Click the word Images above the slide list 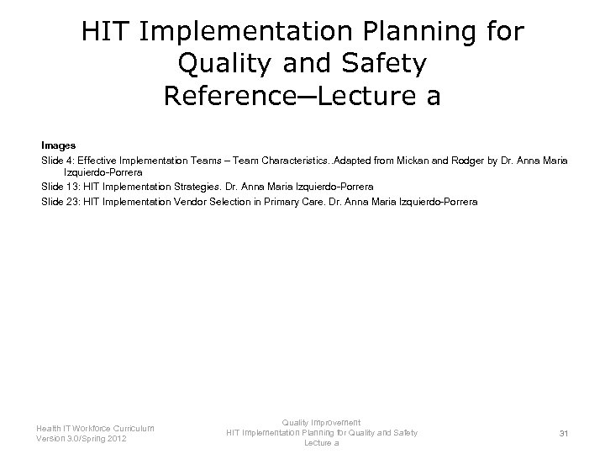[x=58, y=145]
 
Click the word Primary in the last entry [x=281, y=202]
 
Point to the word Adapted [x=353, y=160]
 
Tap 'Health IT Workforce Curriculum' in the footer [x=95, y=428]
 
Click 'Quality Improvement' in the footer [x=321, y=422]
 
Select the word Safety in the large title [x=384, y=64]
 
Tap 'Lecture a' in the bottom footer [x=321, y=443]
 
